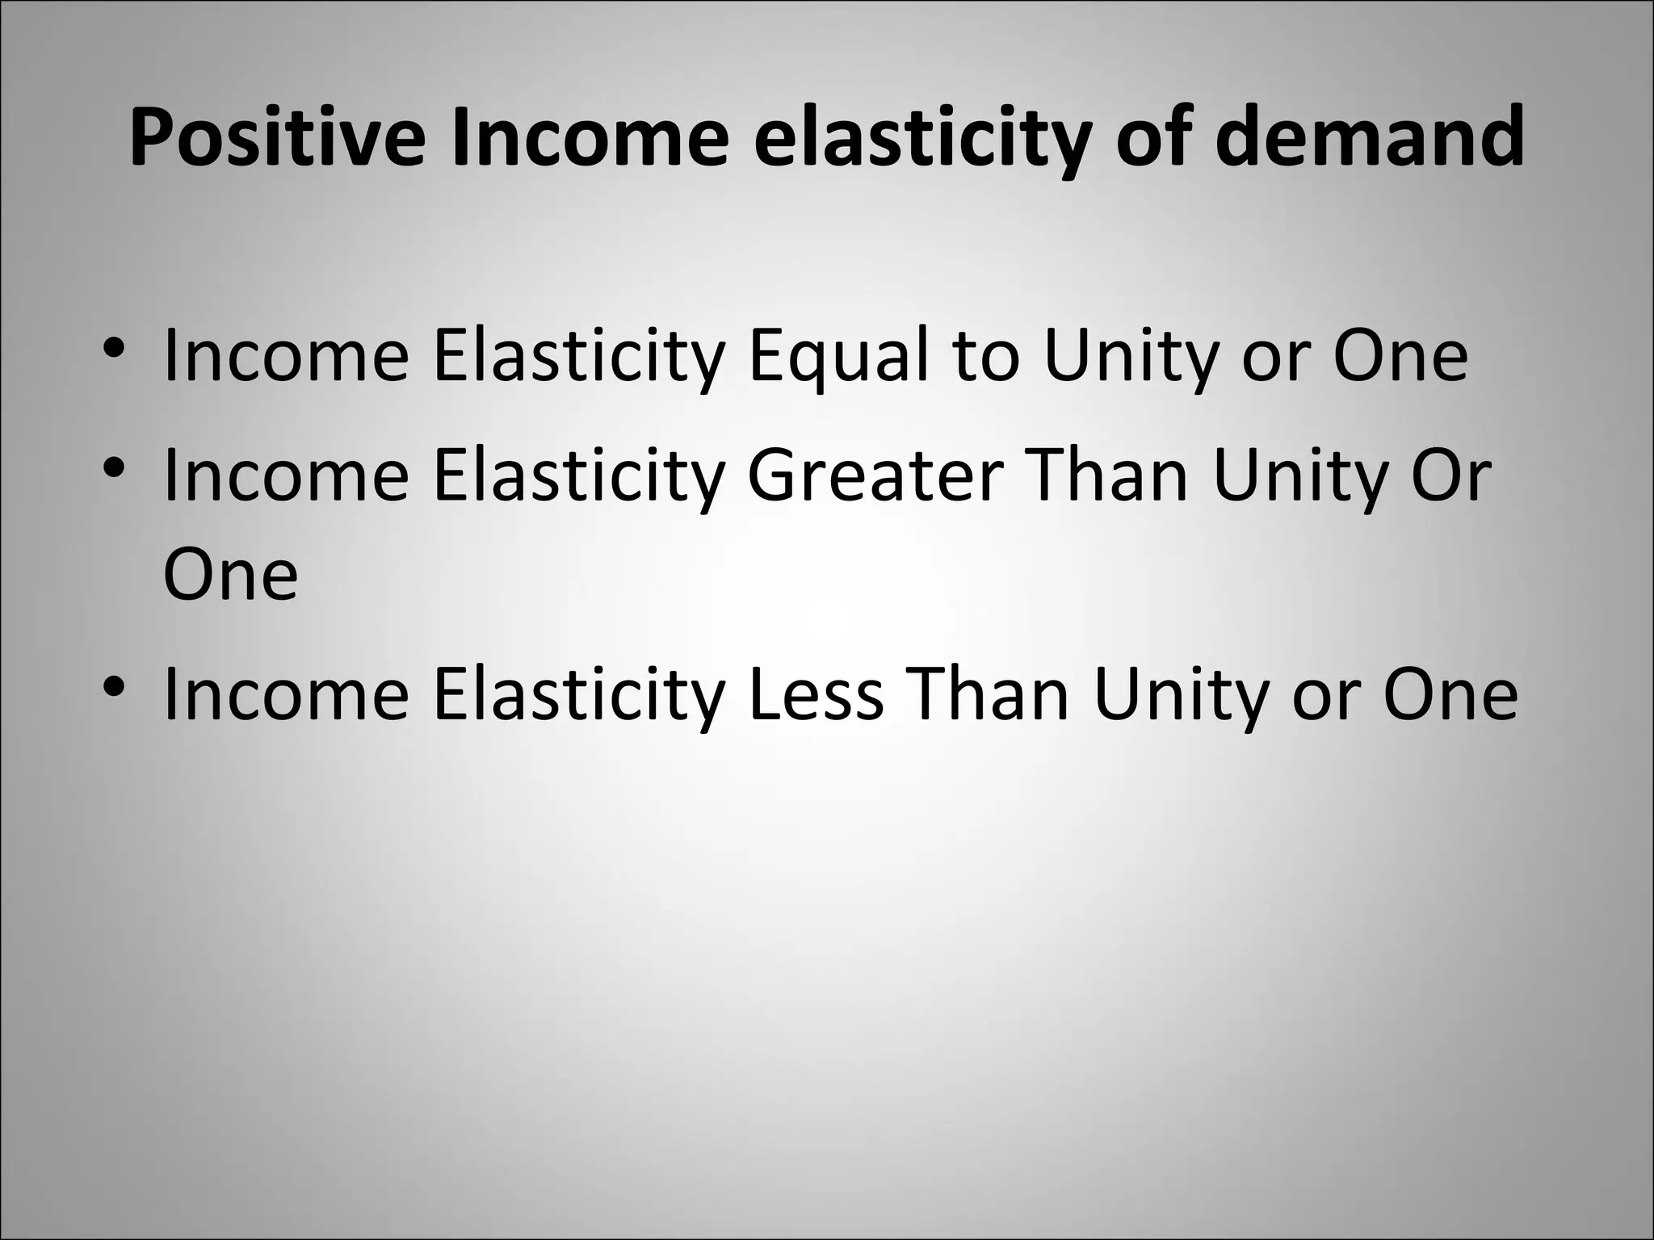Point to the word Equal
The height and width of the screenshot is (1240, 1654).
[838, 356]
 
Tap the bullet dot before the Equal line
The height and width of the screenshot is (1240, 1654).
[114, 349]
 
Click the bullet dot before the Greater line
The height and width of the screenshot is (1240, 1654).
[114, 468]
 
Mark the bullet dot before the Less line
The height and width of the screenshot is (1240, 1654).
[114, 688]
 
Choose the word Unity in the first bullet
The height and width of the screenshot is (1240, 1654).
[1129, 356]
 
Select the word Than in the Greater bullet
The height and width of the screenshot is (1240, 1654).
[1107, 475]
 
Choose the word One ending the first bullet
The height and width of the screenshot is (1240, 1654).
[1400, 356]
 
